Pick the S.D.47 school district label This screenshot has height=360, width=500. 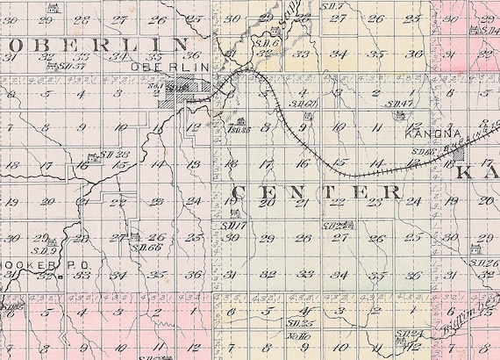coord(401,104)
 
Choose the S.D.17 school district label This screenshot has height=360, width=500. coord(232,227)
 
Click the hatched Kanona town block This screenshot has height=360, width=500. coord(458,155)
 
